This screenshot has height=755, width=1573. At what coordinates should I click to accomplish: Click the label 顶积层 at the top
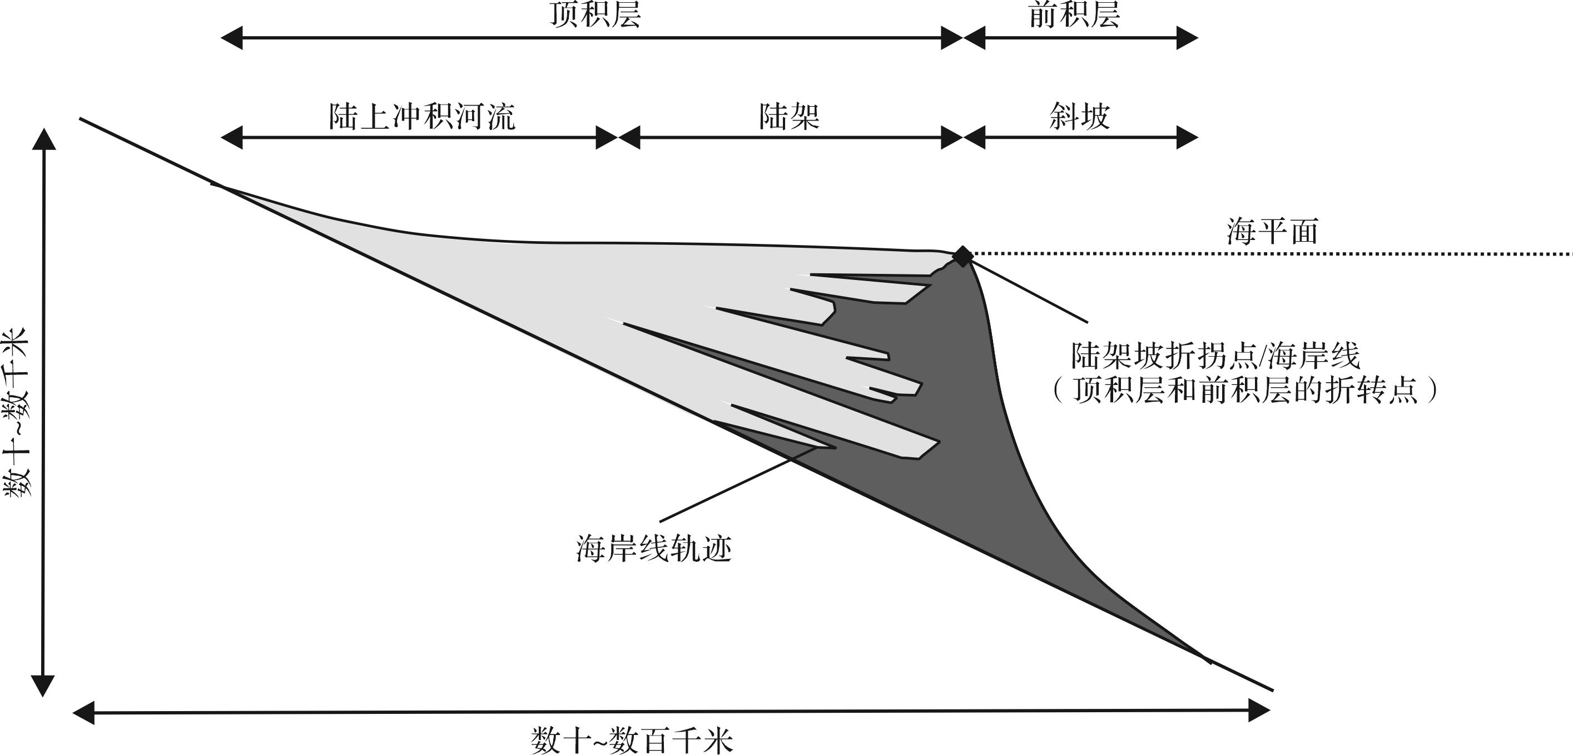coord(596,14)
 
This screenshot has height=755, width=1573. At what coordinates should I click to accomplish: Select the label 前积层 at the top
coord(1074,14)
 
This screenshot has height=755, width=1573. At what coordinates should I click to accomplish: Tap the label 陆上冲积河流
coord(423,116)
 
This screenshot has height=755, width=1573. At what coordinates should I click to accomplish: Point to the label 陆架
coord(789,116)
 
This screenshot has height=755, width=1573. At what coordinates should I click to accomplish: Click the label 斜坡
coord(1080,116)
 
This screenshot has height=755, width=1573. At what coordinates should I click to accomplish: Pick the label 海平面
coord(1273,232)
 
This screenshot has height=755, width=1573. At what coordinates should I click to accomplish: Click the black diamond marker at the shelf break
coord(962,256)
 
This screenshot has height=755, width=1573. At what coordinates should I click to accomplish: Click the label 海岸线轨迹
coord(654,548)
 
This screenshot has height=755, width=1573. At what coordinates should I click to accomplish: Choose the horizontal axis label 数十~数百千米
coord(632,741)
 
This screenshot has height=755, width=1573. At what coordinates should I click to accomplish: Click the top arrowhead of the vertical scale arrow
coord(43,138)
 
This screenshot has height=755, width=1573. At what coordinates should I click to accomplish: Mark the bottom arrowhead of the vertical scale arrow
coord(43,686)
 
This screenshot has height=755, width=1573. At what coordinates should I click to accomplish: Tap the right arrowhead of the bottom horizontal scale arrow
coord(1259,711)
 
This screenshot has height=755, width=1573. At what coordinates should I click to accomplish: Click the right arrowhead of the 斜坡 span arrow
coord(1187,137)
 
